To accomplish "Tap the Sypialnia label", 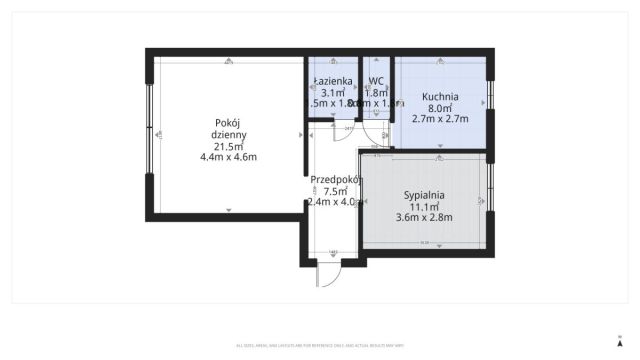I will click(x=424, y=196).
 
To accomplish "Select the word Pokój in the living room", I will click(x=229, y=123).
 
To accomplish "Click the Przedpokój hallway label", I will click(x=335, y=180).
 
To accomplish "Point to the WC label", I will click(x=376, y=81).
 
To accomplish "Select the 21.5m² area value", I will click(x=229, y=146).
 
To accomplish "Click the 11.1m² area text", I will click(x=424, y=206).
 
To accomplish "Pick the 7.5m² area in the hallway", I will click(x=335, y=191).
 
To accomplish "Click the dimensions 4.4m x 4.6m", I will click(x=229, y=157).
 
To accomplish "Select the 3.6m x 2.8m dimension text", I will click(x=424, y=217).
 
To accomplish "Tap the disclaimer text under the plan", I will click(x=320, y=346).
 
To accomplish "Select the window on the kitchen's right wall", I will click(x=490, y=102).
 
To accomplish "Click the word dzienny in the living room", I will click(x=229, y=135).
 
